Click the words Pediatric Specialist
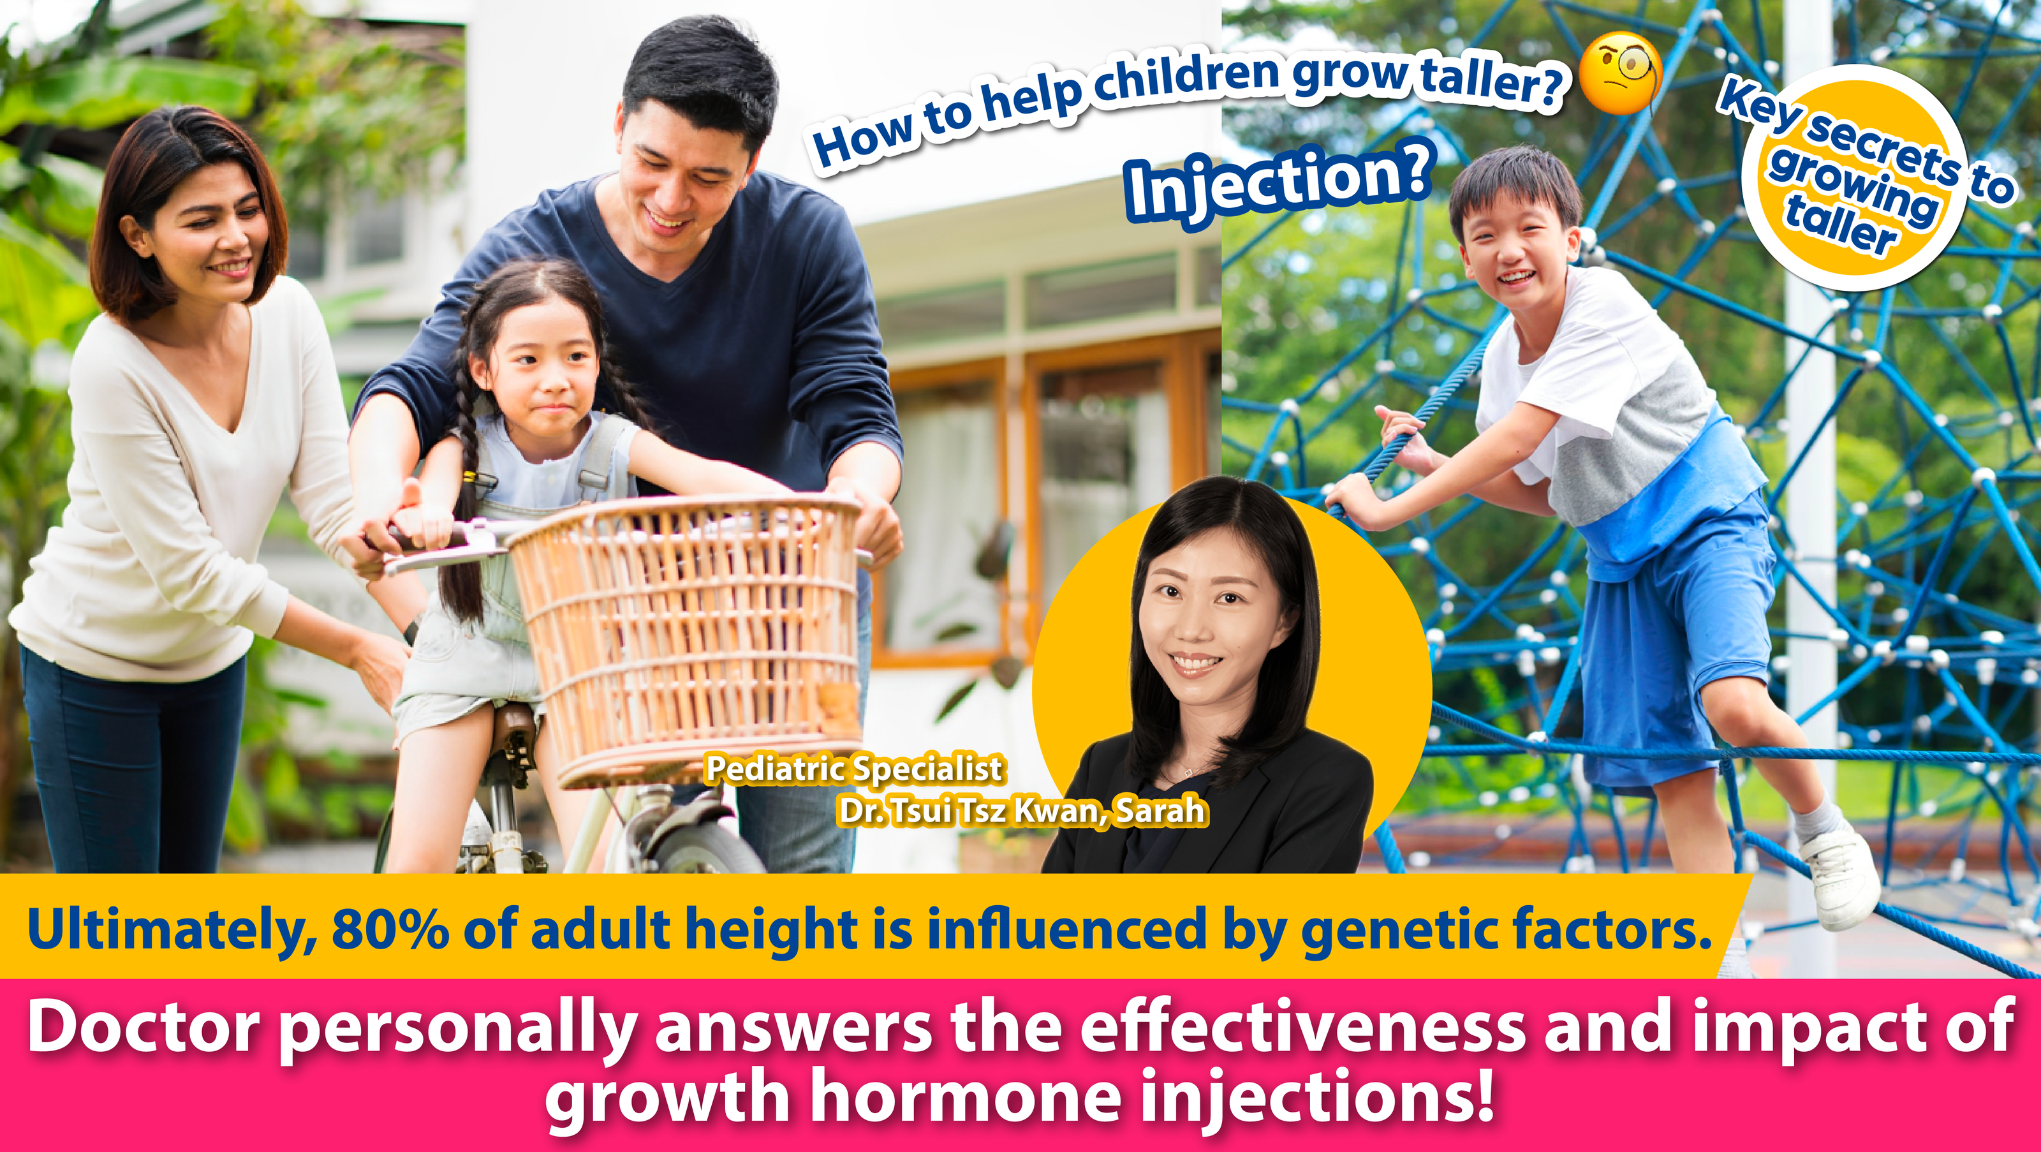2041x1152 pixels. (854, 769)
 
